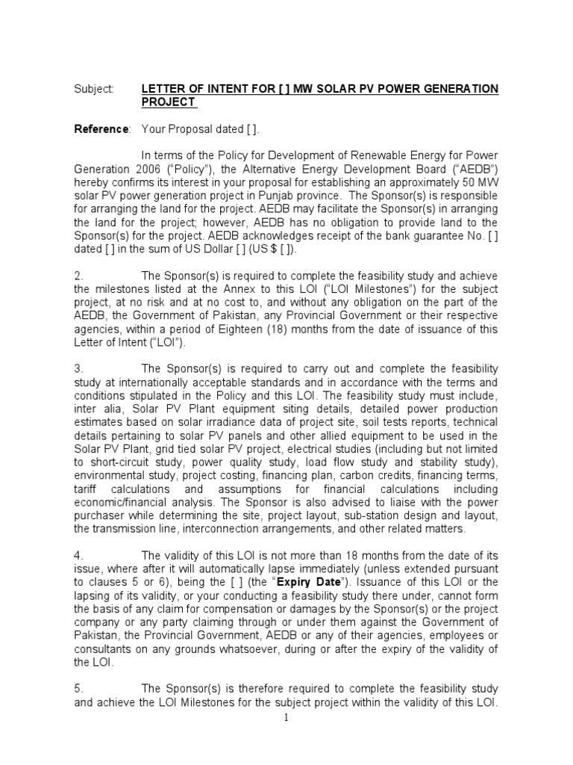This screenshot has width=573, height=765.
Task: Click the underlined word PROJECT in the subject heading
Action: [169, 102]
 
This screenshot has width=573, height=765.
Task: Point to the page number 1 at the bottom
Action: [286, 719]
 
